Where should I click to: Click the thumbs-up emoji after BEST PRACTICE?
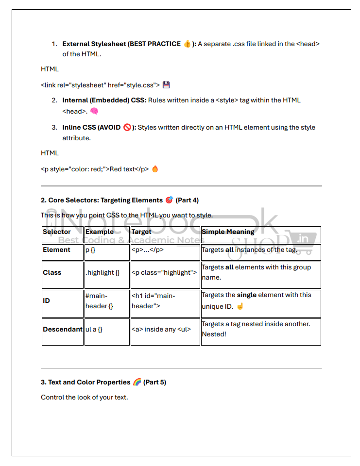(188, 44)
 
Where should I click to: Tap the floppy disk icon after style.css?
(166, 85)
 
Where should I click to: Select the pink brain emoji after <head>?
(94, 111)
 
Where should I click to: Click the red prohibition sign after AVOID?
(127, 128)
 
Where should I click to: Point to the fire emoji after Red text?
(155, 169)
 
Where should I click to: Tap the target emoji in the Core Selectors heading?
(169, 200)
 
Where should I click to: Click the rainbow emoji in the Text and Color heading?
(137, 382)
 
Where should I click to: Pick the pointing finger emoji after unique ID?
(240, 306)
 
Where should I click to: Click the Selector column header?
(57, 232)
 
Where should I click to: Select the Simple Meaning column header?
(228, 232)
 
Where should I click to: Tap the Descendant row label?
(62, 329)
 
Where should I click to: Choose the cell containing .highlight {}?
(103, 273)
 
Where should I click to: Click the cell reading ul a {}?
(94, 329)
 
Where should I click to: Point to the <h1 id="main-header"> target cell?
(154, 301)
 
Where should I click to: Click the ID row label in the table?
(47, 301)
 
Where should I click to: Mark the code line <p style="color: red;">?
(95, 169)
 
